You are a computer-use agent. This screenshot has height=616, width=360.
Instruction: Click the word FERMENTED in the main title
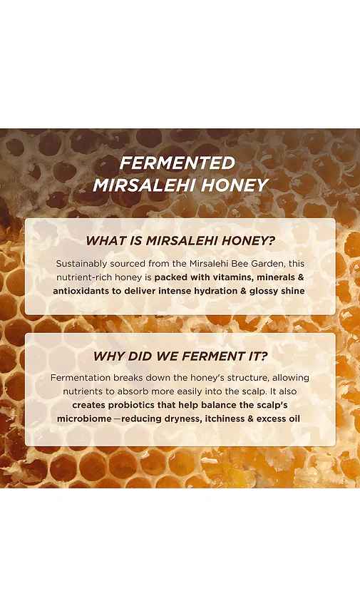(178, 163)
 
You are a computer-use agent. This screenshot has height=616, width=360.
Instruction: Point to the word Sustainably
(81, 264)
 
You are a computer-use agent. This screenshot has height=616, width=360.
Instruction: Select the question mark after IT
(263, 356)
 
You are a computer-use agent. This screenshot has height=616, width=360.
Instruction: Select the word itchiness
(225, 419)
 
